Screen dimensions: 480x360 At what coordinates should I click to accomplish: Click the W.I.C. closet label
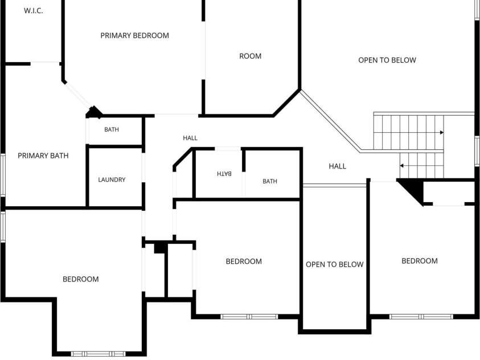click(34, 11)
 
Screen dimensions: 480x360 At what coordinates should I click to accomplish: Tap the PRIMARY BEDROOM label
click(135, 35)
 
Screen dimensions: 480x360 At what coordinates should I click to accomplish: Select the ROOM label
click(251, 56)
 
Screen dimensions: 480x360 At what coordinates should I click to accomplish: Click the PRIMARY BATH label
click(43, 156)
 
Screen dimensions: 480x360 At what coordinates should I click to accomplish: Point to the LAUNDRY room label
click(112, 179)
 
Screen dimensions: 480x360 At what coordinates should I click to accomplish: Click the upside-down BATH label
click(224, 174)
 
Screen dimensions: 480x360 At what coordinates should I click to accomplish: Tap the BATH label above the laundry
click(112, 129)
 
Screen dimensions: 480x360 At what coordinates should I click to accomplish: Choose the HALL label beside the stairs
click(337, 166)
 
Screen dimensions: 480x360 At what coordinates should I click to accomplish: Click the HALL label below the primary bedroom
click(190, 138)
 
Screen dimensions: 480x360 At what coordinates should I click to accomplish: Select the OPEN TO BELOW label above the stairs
click(387, 60)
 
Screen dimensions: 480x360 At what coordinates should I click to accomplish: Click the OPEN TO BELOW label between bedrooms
click(335, 264)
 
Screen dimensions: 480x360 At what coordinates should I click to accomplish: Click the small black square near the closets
click(159, 248)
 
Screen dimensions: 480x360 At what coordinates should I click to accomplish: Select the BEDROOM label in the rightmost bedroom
click(420, 261)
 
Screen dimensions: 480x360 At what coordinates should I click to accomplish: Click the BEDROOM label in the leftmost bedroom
click(81, 279)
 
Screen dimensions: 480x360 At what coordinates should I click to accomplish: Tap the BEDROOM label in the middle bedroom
click(244, 261)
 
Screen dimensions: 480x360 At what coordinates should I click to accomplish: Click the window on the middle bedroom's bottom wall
click(249, 317)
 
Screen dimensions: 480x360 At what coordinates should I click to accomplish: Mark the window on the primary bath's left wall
click(3, 175)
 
